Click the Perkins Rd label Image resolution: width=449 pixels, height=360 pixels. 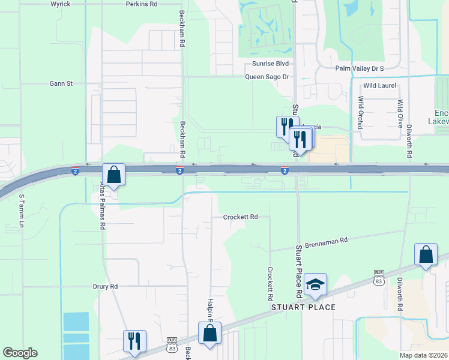point(142,4)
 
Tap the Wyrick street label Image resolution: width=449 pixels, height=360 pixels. point(61,4)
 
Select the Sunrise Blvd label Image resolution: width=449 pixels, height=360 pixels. point(274,64)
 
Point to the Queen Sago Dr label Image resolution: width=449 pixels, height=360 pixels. point(267,77)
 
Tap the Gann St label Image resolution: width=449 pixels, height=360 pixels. point(61,83)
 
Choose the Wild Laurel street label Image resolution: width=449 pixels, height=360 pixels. point(379,86)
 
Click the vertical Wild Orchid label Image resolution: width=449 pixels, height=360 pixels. point(361,112)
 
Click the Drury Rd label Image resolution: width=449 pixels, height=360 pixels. point(105,287)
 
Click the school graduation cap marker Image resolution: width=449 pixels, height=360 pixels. point(315,284)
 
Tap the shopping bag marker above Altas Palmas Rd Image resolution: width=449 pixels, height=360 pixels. point(113,175)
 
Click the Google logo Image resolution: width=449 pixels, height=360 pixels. point(20,353)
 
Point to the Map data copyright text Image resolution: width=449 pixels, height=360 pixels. point(423,355)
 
